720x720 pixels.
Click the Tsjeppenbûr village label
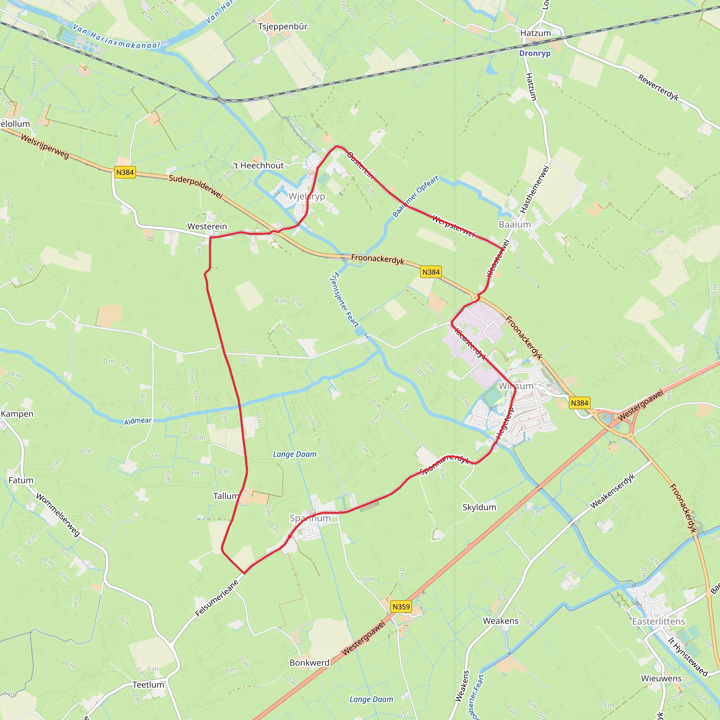pyautogui.click(x=283, y=26)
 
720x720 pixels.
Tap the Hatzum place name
pyautogui.click(x=535, y=33)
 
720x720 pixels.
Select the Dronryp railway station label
pyautogui.click(x=535, y=53)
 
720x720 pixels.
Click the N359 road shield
pyautogui.click(x=401, y=607)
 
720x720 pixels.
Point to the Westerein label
pyautogui.click(x=207, y=227)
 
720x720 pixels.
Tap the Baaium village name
pyautogui.click(x=515, y=224)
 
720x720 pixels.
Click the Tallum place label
pyautogui.click(x=226, y=496)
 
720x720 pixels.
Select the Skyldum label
pyautogui.click(x=479, y=507)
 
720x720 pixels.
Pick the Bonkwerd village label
pyautogui.click(x=309, y=663)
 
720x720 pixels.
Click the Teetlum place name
pyautogui.click(x=148, y=684)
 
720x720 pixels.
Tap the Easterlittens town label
pyautogui.click(x=658, y=621)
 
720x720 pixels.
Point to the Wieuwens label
pyautogui.click(x=661, y=678)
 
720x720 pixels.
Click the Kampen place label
pyautogui.click(x=17, y=414)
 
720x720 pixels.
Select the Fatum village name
pyautogui.click(x=21, y=480)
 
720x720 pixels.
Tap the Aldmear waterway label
pyautogui.click(x=138, y=421)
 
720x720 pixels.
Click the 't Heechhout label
pyautogui.click(x=259, y=166)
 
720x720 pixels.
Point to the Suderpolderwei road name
pyautogui.click(x=196, y=186)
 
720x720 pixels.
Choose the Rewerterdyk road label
pyautogui.click(x=658, y=88)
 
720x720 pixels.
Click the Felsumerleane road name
pyautogui.click(x=217, y=598)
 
